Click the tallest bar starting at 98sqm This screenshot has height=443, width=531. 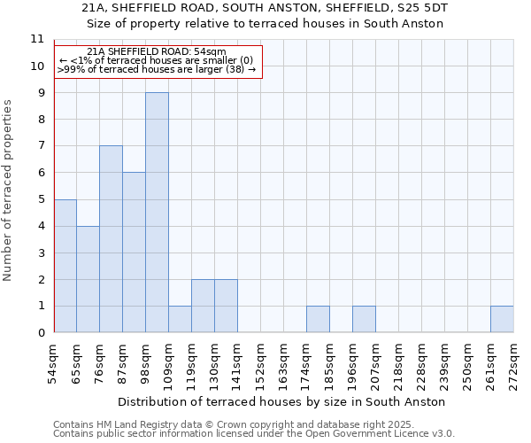[x=157, y=213]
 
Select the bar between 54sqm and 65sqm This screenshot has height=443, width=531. [x=65, y=266]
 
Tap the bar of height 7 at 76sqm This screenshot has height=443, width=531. [x=111, y=239]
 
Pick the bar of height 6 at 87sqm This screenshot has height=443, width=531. [x=134, y=253]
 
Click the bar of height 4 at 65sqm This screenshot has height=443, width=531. [x=88, y=279]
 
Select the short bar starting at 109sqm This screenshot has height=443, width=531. [x=180, y=319]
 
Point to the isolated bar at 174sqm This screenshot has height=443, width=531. [x=318, y=319]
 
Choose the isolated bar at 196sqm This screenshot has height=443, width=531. [x=364, y=319]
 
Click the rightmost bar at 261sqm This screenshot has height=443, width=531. [x=502, y=319]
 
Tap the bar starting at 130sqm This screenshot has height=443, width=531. [x=226, y=306]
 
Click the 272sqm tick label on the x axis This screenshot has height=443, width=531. [x=514, y=363]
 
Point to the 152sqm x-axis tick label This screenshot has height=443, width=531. [x=261, y=363]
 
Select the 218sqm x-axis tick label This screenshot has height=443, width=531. [x=399, y=363]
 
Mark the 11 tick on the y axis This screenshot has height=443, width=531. [x=36, y=39]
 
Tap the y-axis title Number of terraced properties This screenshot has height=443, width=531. [x=9, y=190]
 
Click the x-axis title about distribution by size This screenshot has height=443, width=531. [x=283, y=401]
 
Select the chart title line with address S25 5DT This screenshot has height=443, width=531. [x=265, y=7]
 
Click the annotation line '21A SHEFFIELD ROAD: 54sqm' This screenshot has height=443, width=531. [x=157, y=52]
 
